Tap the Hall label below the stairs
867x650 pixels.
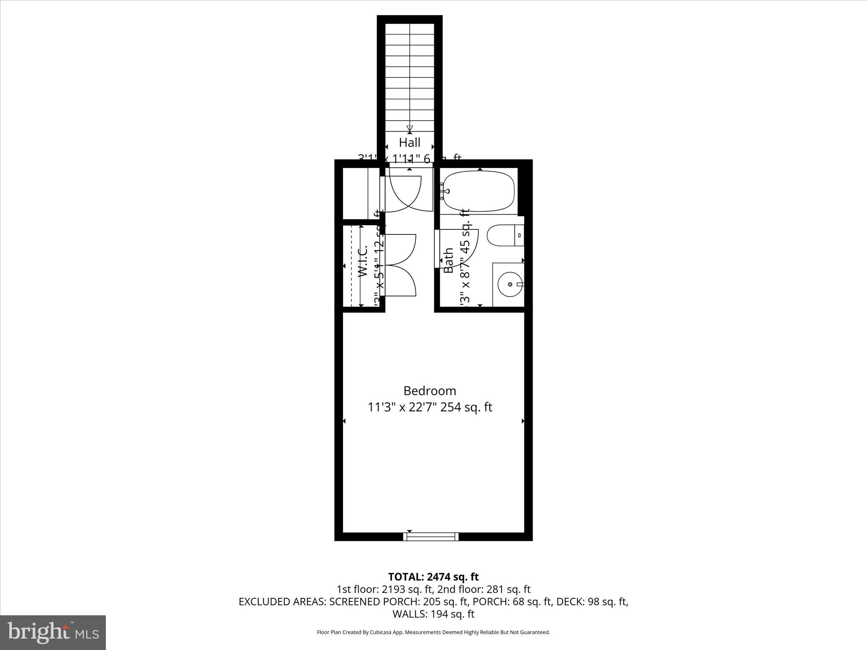(409, 142)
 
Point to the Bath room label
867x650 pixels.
(448, 261)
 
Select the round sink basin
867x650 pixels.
(510, 284)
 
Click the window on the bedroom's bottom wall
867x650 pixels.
(431, 537)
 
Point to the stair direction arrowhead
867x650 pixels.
(409, 128)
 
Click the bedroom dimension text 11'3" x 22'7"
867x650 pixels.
(402, 408)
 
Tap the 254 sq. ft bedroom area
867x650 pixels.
(466, 408)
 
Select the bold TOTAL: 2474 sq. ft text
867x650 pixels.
(433, 577)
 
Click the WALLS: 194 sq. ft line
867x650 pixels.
(433, 614)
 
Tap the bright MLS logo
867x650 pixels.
(53, 632)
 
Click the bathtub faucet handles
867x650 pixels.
(443, 191)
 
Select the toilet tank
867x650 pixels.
(519, 235)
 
